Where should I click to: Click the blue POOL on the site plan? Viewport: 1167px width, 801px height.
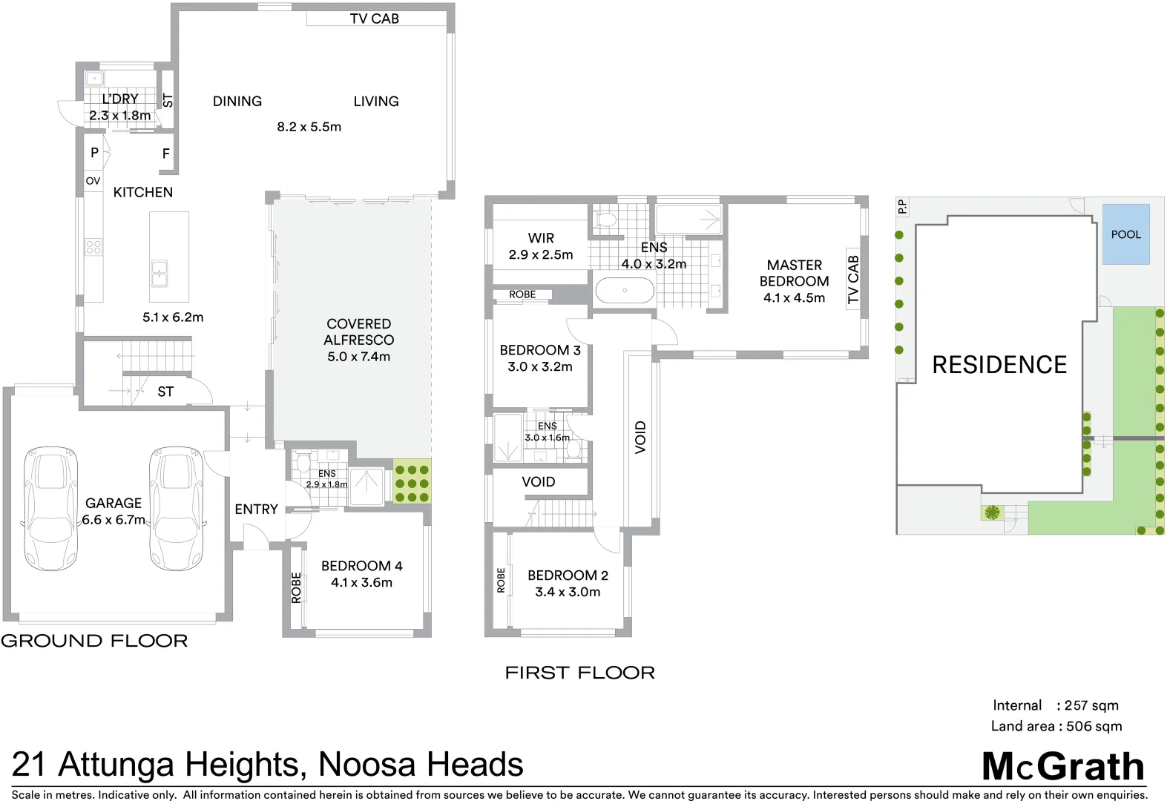tap(1125, 234)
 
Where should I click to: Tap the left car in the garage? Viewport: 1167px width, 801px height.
tap(50, 508)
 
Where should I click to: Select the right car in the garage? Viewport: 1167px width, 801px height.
tap(176, 508)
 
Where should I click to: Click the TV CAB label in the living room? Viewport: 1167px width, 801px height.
tap(374, 19)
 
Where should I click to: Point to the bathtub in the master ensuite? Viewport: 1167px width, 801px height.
tap(625, 291)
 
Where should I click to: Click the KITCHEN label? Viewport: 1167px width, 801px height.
tap(142, 192)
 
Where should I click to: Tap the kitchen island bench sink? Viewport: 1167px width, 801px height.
tap(160, 273)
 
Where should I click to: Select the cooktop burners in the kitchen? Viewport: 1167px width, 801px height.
tap(93, 246)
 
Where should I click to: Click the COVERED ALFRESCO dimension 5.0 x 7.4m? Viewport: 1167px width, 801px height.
tap(358, 357)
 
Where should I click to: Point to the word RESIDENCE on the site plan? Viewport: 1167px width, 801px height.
tap(999, 365)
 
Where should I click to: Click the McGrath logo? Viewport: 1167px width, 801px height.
tap(1062, 767)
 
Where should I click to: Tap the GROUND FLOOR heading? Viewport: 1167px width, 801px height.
tap(94, 641)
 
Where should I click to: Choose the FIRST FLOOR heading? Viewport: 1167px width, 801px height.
tap(579, 673)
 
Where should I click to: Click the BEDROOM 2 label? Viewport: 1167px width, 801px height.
tap(568, 576)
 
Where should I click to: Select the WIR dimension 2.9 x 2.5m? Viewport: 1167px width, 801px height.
tap(540, 254)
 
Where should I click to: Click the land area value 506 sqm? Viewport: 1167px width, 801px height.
tap(1094, 726)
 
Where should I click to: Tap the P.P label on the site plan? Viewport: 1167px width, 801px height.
tap(902, 206)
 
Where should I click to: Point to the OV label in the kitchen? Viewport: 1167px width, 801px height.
tap(93, 181)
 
